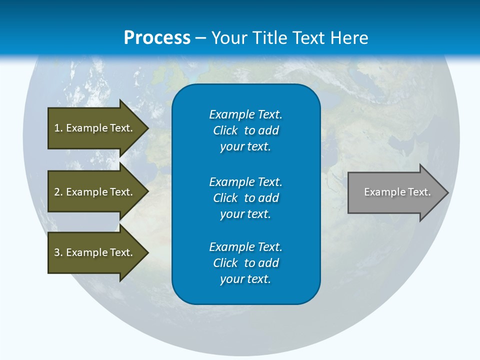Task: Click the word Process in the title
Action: click(157, 38)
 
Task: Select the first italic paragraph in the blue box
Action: click(245, 130)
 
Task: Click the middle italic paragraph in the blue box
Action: click(245, 198)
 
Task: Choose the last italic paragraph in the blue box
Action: click(245, 263)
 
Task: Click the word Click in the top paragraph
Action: click(225, 130)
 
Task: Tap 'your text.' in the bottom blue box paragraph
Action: click(245, 279)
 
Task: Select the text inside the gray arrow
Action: click(397, 192)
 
